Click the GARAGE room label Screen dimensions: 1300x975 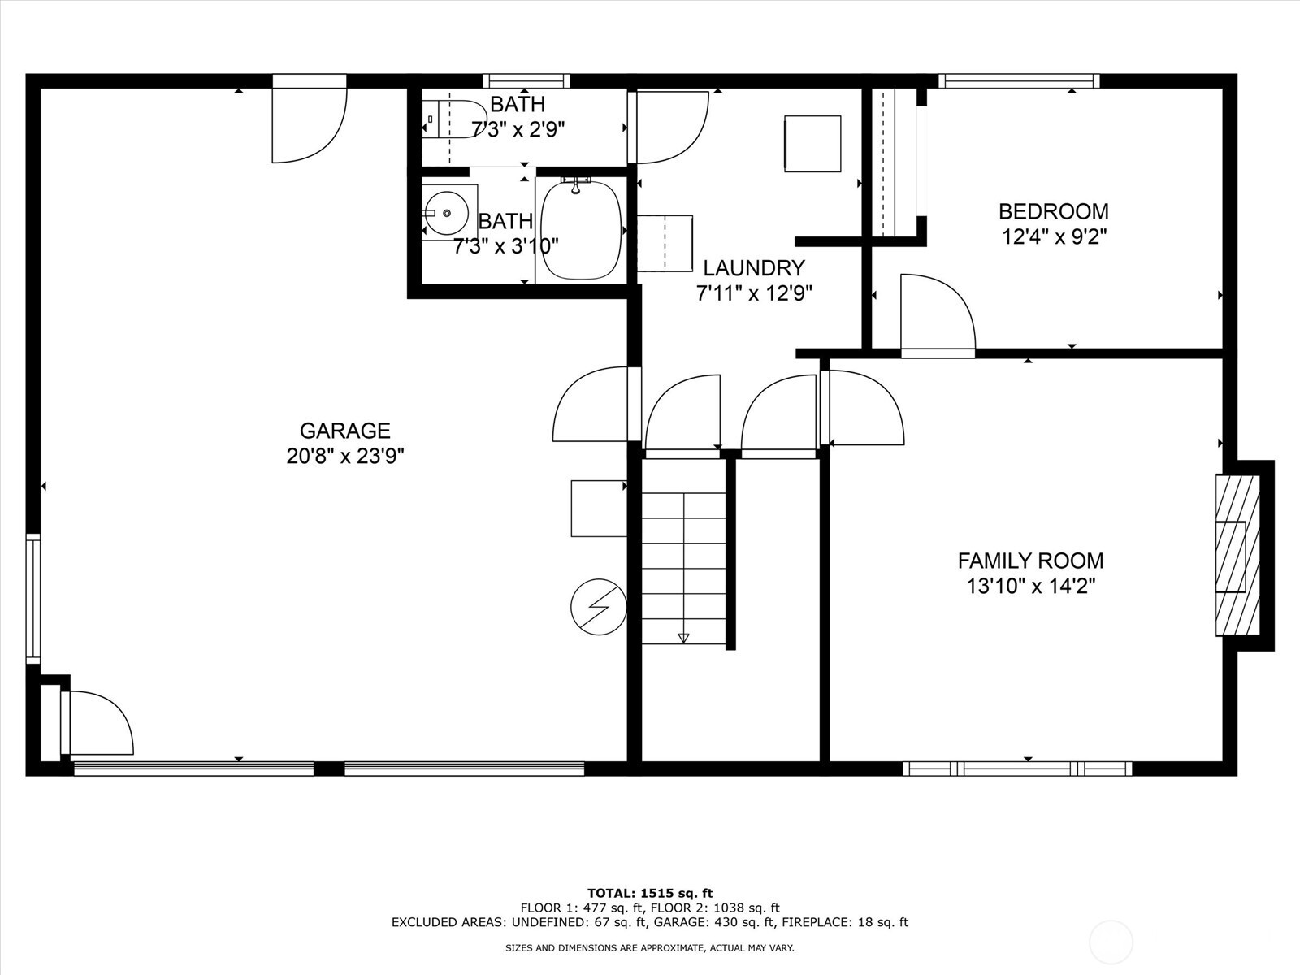344,430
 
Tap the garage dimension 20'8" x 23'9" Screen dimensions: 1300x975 345,456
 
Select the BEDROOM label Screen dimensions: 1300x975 1054,211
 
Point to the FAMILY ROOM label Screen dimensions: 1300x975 1030,560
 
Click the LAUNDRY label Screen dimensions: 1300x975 754,268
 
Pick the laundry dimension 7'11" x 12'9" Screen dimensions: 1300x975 754,293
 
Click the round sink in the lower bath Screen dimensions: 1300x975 447,213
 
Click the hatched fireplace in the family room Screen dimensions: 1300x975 1237,555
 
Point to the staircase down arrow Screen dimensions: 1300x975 683,638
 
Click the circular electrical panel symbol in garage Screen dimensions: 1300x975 599,607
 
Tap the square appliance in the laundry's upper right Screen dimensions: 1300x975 812,144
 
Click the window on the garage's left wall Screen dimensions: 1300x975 33,599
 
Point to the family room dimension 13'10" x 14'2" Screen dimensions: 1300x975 1031,586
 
